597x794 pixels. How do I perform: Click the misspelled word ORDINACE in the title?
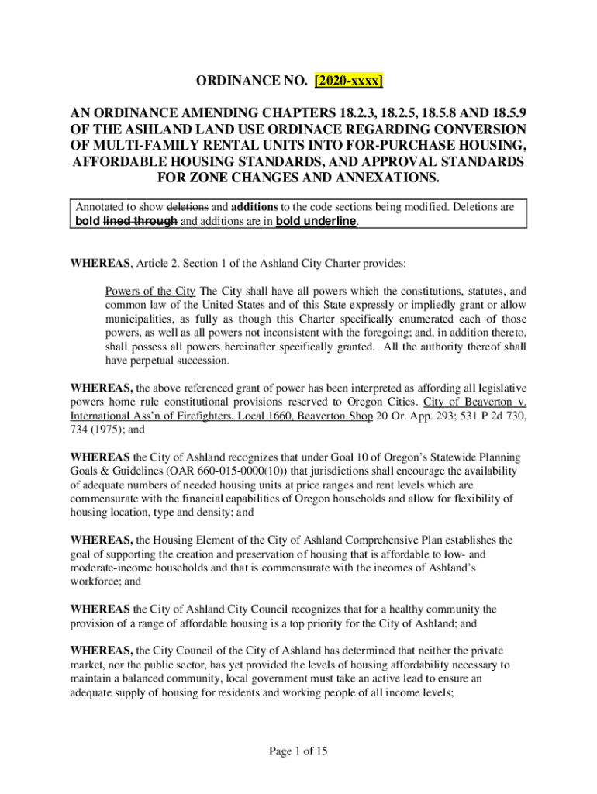[354, 129]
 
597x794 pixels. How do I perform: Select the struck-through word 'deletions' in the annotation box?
[188, 208]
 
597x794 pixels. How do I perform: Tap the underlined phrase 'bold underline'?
[316, 221]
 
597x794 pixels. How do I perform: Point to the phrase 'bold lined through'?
[127, 221]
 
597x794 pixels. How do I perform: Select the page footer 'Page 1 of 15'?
[298, 751]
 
